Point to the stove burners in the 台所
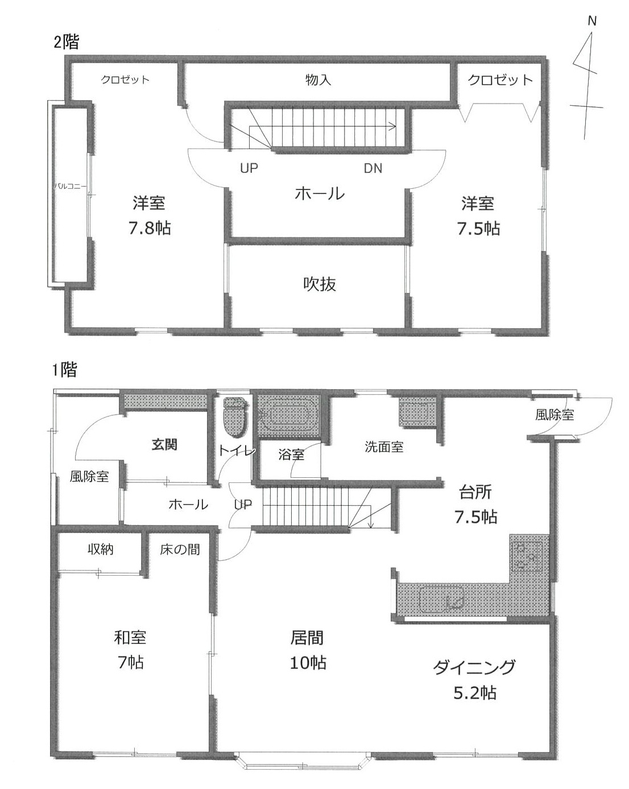[528, 553]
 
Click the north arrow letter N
[592, 22]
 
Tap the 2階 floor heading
[67, 43]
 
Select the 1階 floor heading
[64, 370]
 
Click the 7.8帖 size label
[150, 228]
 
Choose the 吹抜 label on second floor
[319, 283]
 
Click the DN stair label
[373, 168]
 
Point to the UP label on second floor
[249, 168]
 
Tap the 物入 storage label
[318, 80]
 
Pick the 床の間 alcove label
[180, 550]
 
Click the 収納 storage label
[101, 550]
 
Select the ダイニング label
[474, 667]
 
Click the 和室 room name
[130, 637]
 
